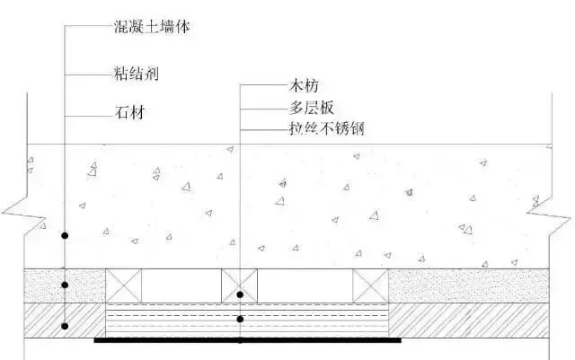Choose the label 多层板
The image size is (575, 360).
(301, 109)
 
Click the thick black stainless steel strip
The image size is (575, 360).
(247, 340)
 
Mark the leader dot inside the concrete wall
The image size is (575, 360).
(66, 235)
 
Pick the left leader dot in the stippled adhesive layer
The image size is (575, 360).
(66, 286)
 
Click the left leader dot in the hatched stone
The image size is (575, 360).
(66, 325)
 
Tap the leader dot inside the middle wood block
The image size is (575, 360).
(240, 294)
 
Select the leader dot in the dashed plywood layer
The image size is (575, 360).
(240, 320)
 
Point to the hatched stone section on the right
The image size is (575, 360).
(472, 319)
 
